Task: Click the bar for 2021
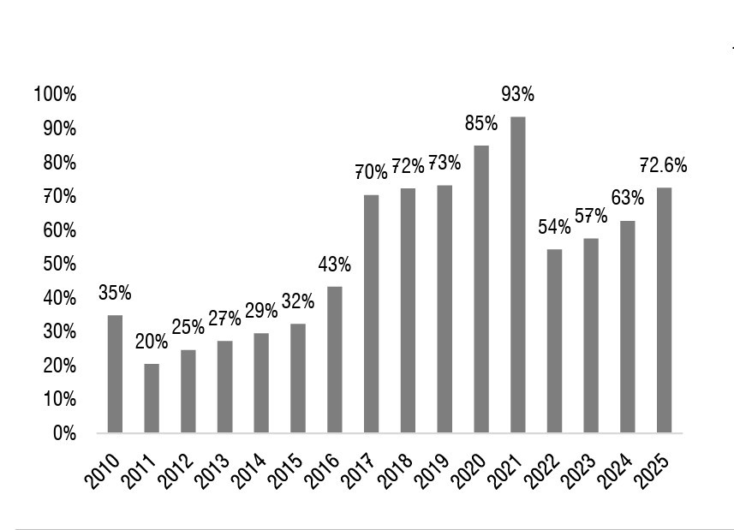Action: [517, 275]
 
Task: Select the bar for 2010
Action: [115, 374]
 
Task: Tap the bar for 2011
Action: [152, 398]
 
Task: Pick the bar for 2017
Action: [371, 313]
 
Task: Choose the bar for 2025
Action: [664, 310]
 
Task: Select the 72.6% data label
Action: [664, 165]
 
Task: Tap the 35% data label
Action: [115, 293]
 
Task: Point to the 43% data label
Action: [334, 265]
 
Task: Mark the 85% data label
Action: [481, 123]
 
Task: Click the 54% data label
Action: [554, 227]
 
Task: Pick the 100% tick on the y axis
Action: [55, 94]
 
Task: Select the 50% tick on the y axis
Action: [58, 264]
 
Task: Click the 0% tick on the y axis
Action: [63, 433]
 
